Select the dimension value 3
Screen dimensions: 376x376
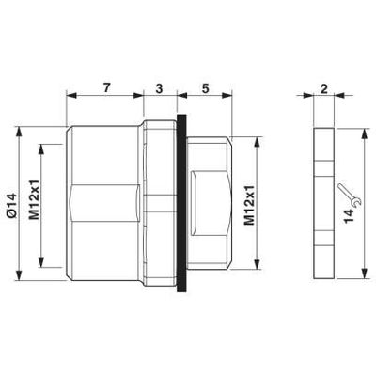tap(158, 86)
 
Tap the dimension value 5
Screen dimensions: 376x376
tap(204, 86)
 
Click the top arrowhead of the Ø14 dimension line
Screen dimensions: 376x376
tap(21, 125)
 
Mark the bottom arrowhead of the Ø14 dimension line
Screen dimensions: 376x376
tap(21, 277)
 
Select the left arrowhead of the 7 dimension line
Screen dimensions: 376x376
tap(68, 96)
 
